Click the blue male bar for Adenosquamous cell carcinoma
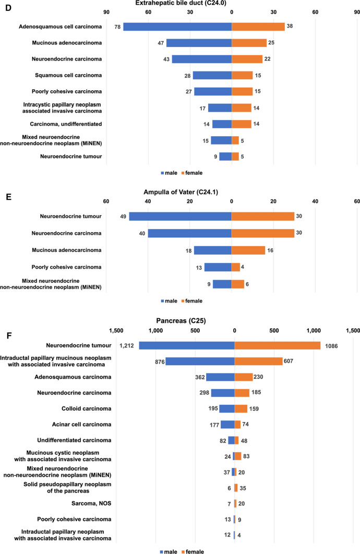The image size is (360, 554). pos(177,27)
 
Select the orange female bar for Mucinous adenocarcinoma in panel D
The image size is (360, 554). pos(249,43)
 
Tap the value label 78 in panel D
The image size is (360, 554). pos(117,27)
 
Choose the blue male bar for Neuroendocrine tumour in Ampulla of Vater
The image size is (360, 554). pos(180,216)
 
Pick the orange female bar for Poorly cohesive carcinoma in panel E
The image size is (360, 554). pos(236,267)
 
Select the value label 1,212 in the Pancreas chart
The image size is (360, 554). pos(127,345)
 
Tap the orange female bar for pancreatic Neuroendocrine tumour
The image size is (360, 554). pos(277,345)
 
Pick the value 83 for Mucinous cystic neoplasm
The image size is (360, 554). pos(248,456)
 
